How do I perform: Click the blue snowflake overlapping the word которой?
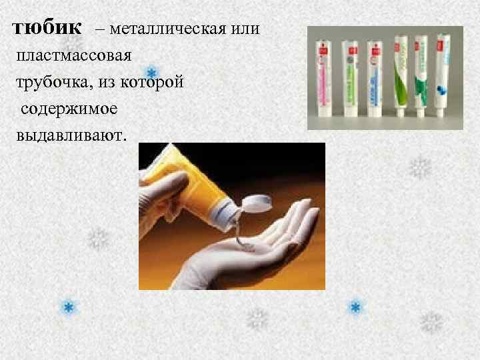coord(152,72)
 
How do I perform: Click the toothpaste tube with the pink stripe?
coord(331,77)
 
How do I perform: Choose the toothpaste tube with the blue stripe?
coord(351,77)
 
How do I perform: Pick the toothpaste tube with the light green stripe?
coord(377,77)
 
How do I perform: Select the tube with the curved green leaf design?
coord(400,77)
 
